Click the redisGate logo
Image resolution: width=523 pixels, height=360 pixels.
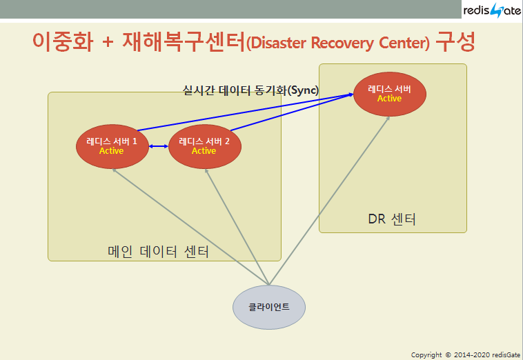491,11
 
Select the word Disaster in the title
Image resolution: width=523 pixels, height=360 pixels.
279,44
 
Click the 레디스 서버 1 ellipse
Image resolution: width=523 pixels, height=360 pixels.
112,146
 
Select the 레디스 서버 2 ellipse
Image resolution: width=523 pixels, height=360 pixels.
204,146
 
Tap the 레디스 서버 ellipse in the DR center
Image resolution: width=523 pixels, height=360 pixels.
389,94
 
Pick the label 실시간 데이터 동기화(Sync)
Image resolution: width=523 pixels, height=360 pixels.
250,90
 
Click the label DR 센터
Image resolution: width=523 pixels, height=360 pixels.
392,220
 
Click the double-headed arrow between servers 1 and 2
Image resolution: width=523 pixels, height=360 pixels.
159,146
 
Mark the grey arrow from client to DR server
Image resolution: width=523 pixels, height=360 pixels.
328,200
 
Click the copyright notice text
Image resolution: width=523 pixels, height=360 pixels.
465,354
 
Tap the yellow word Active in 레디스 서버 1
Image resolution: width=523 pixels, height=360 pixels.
112,151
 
